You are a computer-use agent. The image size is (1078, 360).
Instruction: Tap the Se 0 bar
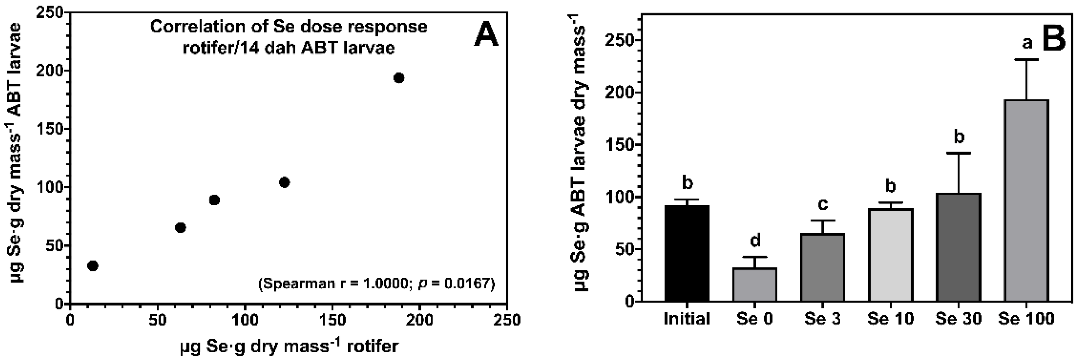(755, 285)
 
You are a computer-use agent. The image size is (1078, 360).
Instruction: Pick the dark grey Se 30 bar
(958, 247)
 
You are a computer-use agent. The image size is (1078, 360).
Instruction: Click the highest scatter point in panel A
(399, 78)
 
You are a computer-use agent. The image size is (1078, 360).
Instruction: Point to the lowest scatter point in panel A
(93, 266)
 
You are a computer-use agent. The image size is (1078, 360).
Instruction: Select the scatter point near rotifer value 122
(284, 182)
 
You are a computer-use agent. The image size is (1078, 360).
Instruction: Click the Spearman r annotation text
(377, 284)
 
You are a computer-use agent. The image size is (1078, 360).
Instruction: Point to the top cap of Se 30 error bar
(958, 153)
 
